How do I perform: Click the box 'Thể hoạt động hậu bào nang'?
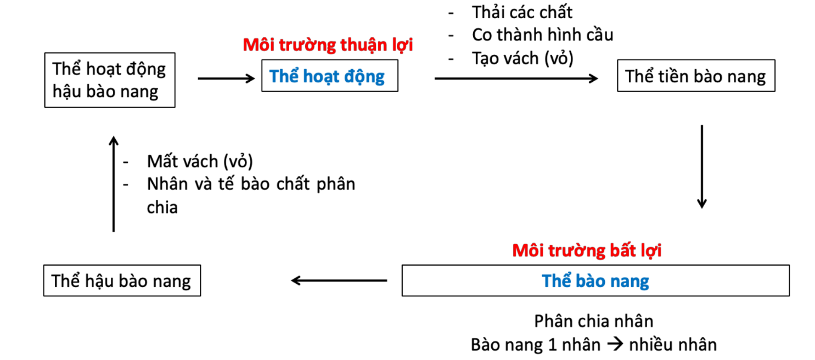[x=110, y=80]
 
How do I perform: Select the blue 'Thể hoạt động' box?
[x=329, y=77]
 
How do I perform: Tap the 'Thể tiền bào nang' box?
[x=696, y=77]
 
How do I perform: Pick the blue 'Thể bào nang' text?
[x=595, y=281]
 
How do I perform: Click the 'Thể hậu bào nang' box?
[x=122, y=281]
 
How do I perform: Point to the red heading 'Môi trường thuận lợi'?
[x=328, y=45]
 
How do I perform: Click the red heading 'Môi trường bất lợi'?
[x=587, y=251]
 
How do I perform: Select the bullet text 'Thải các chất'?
[x=522, y=12]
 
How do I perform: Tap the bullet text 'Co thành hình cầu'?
[x=542, y=35]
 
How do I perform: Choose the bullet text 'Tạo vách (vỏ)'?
[x=522, y=58]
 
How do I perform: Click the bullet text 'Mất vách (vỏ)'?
[x=199, y=161]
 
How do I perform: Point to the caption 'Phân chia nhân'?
[x=594, y=321]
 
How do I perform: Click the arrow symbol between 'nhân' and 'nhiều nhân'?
[x=615, y=345]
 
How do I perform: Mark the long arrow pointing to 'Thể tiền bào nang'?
[x=516, y=79]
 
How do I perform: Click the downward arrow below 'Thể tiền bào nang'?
[x=701, y=167]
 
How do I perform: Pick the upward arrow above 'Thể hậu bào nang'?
[x=114, y=184]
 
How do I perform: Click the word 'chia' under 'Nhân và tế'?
[x=162, y=208]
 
